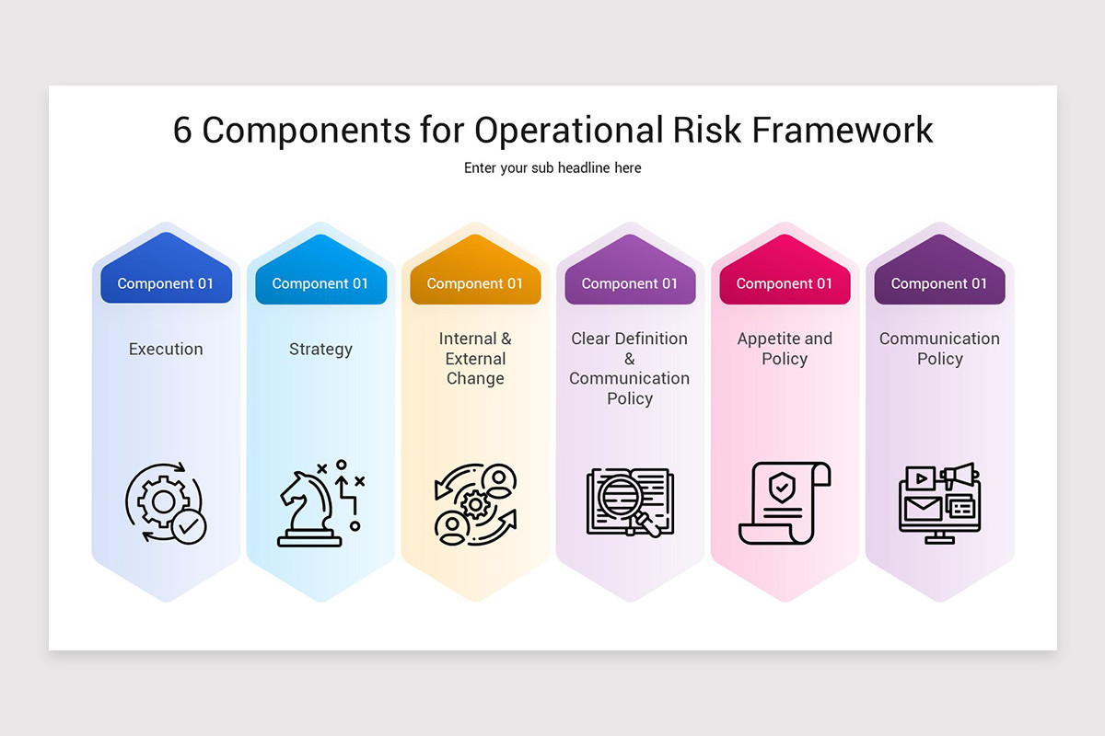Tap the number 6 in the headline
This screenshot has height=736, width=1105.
tap(182, 130)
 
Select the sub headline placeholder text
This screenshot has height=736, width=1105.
tap(552, 167)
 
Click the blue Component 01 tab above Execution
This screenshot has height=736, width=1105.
tap(166, 283)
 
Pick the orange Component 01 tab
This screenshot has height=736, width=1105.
tap(475, 283)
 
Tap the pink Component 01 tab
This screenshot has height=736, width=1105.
tap(785, 283)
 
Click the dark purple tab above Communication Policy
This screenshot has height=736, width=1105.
tap(939, 283)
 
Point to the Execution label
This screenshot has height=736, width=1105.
tap(166, 349)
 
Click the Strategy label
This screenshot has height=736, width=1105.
tap(320, 349)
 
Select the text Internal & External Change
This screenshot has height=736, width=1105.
tap(475, 359)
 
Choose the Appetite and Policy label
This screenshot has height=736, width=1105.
tap(785, 349)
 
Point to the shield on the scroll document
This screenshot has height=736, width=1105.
tap(782, 489)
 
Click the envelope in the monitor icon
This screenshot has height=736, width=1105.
tap(923, 508)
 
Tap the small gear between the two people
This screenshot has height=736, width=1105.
tap(475, 503)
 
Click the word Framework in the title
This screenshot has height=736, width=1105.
tap(843, 130)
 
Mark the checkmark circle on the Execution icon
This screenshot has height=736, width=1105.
tap(190, 527)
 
